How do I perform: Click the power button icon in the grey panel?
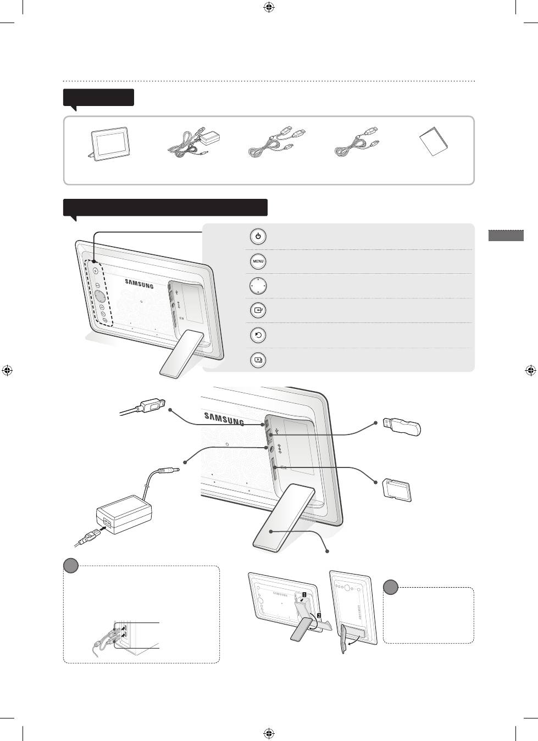[258, 237]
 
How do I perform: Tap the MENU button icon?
[258, 261]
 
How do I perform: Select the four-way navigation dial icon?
[258, 286]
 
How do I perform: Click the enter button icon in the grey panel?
[258, 310]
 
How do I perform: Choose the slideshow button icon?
[258, 360]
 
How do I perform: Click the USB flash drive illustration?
[402, 426]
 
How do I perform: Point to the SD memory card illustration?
[397, 490]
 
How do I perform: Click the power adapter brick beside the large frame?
[124, 514]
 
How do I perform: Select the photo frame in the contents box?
[108, 144]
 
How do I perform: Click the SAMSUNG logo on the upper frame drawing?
[139, 284]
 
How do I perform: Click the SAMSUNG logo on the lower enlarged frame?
[224, 419]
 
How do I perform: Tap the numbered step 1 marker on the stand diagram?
[304, 594]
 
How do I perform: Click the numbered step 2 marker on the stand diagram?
[319, 616]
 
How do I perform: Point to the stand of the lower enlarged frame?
[284, 517]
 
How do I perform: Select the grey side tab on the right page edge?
[506, 236]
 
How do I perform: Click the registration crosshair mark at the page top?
[269, 7]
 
